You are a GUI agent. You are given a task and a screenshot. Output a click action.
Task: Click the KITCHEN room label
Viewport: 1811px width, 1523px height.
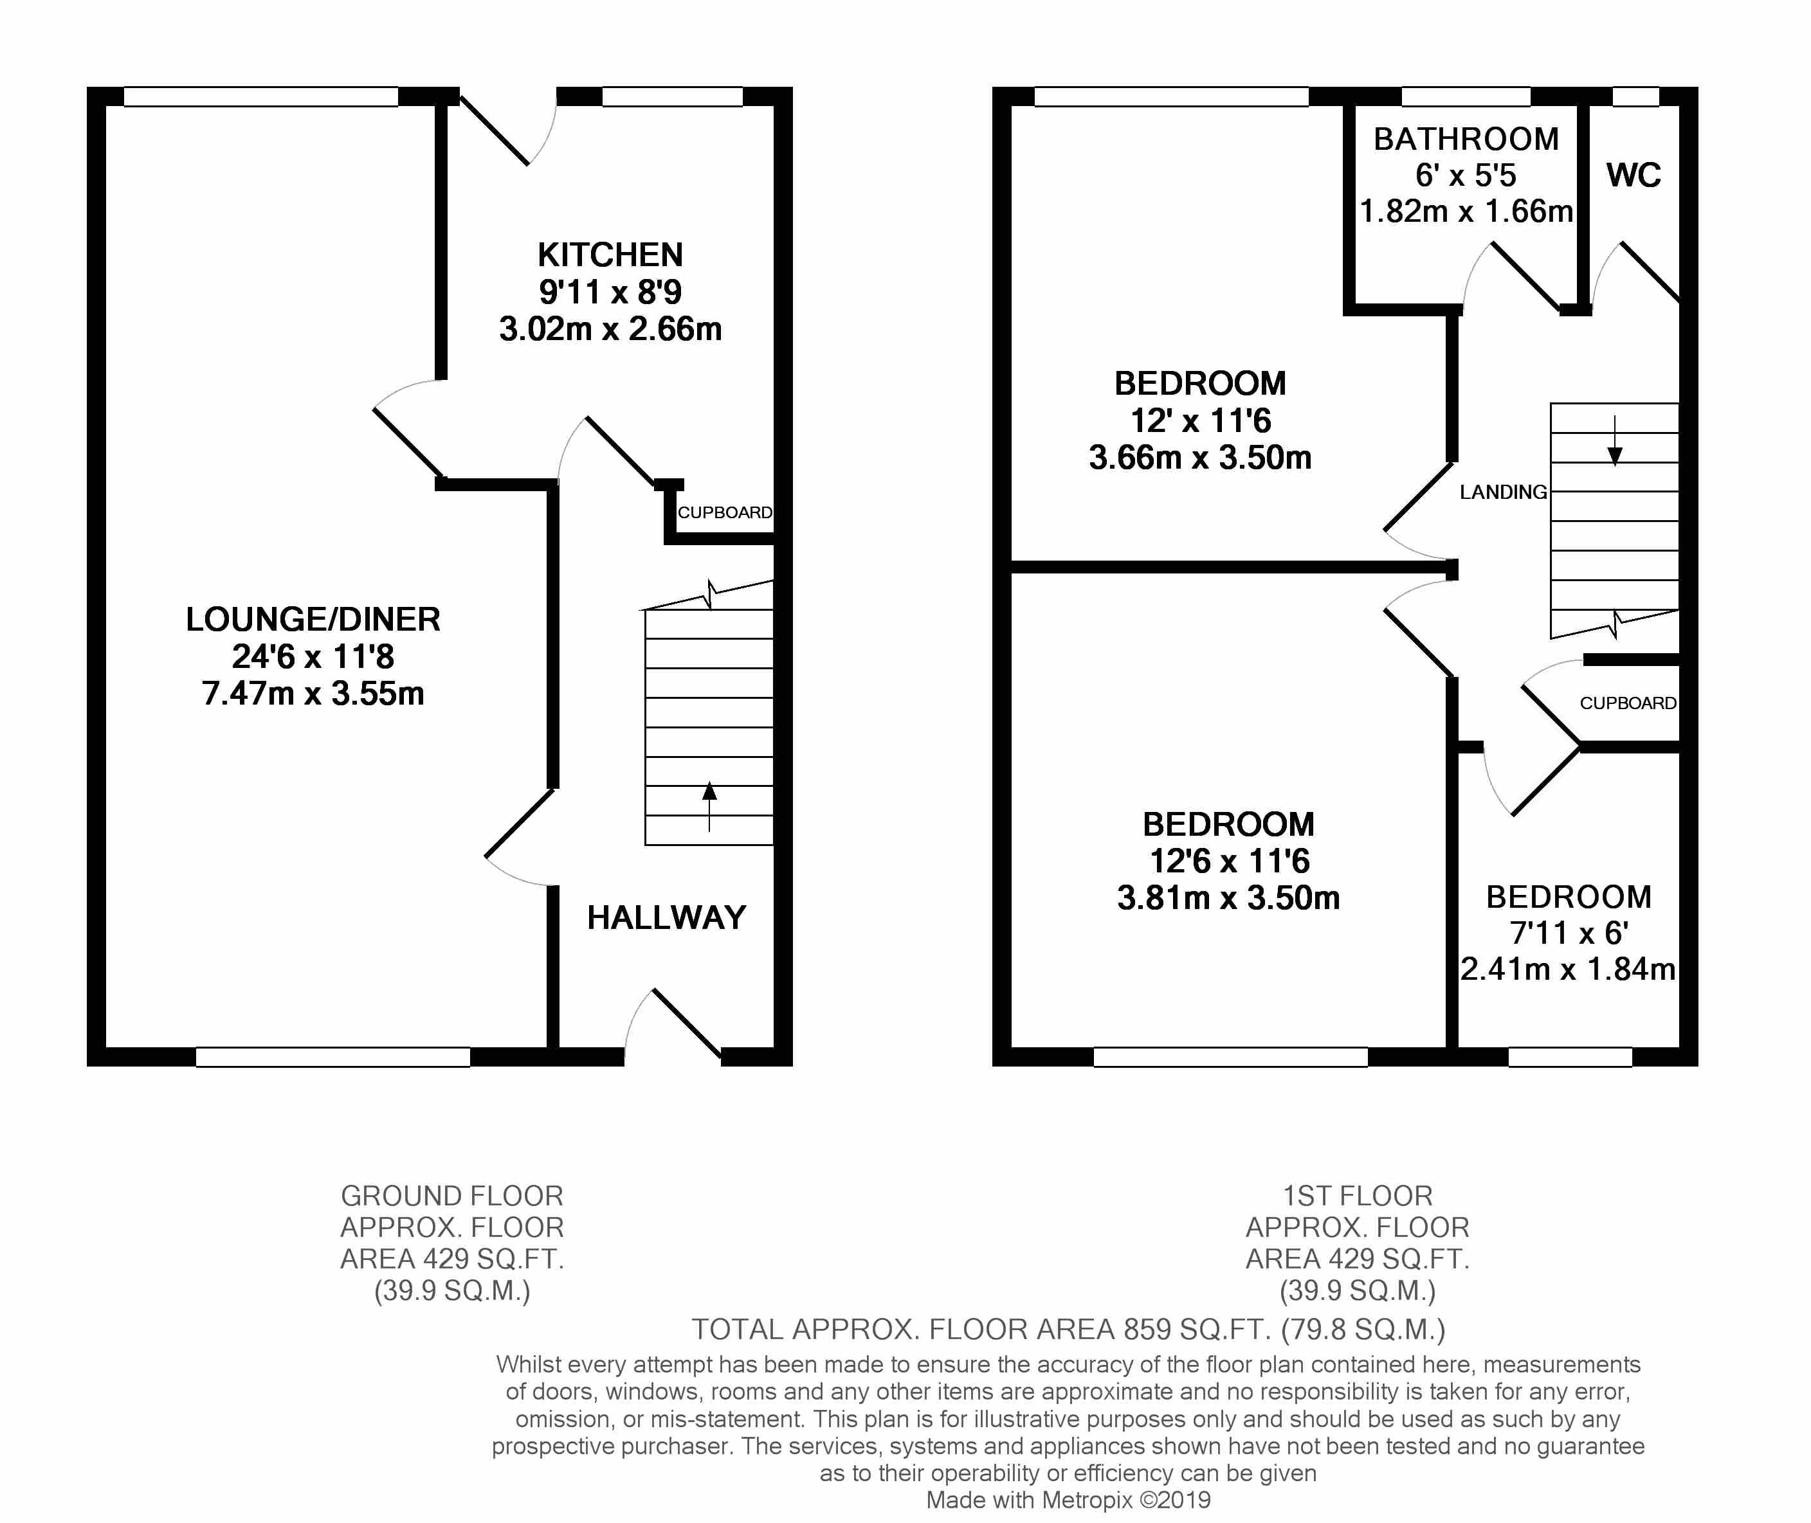tap(610, 255)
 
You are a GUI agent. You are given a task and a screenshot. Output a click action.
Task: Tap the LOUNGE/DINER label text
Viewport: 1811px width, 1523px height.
tap(313, 619)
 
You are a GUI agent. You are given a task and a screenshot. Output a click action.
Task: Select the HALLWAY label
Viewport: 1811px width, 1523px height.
tap(667, 917)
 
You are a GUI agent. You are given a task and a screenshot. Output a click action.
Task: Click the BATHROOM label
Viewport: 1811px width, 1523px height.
tap(1466, 139)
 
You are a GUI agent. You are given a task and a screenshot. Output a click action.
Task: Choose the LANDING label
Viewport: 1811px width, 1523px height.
tap(1504, 492)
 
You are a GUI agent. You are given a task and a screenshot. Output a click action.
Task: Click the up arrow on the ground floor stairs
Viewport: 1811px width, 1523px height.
tap(709, 806)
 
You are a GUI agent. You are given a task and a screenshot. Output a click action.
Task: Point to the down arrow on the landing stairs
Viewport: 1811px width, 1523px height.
tap(1614, 441)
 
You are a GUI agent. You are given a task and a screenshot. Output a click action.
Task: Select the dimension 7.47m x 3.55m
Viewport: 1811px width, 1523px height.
tap(313, 693)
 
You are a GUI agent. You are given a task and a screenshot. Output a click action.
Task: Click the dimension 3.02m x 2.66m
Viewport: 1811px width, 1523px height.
tap(610, 329)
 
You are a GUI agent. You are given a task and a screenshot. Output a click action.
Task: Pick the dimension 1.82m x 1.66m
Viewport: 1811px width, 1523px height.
tap(1466, 212)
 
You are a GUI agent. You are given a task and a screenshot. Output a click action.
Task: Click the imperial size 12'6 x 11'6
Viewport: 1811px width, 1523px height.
tap(1229, 861)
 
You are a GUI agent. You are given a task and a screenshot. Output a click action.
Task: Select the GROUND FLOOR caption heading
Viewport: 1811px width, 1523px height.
tap(451, 1196)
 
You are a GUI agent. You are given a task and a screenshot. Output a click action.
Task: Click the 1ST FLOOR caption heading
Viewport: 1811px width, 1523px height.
tap(1358, 1196)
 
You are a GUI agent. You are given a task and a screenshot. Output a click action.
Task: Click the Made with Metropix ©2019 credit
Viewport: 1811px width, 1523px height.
tap(1068, 1500)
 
